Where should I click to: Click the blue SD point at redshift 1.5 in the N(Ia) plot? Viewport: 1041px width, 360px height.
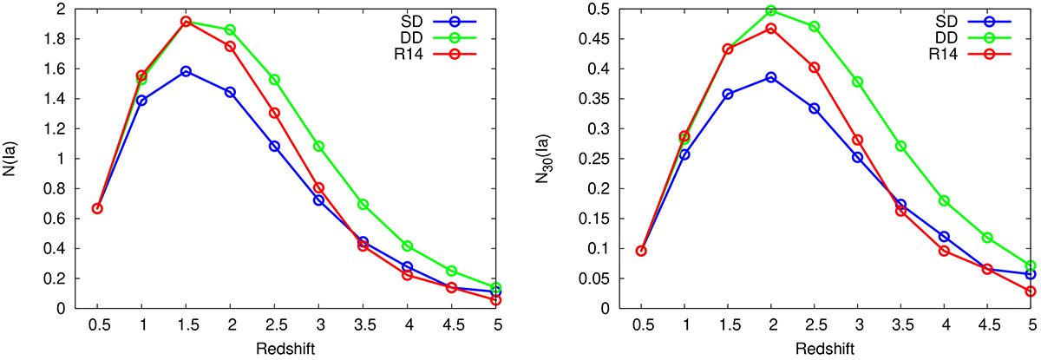coord(186,71)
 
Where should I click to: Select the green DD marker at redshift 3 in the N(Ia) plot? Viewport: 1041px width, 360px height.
coord(318,146)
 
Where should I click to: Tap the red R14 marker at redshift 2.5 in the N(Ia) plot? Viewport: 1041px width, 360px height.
coord(274,113)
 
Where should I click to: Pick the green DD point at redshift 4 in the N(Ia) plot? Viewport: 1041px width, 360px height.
coord(407,246)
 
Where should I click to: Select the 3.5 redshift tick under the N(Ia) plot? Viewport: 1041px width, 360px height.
coord(363,324)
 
